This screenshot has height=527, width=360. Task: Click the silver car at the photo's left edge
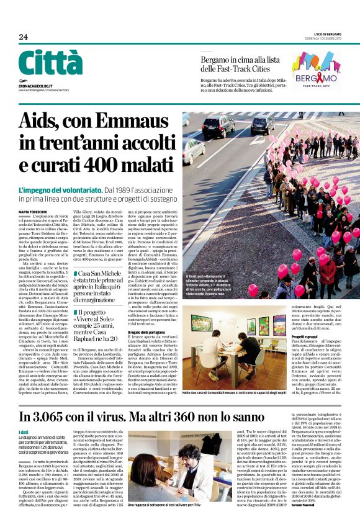[192, 148]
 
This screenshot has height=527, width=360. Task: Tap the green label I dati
[23, 432]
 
